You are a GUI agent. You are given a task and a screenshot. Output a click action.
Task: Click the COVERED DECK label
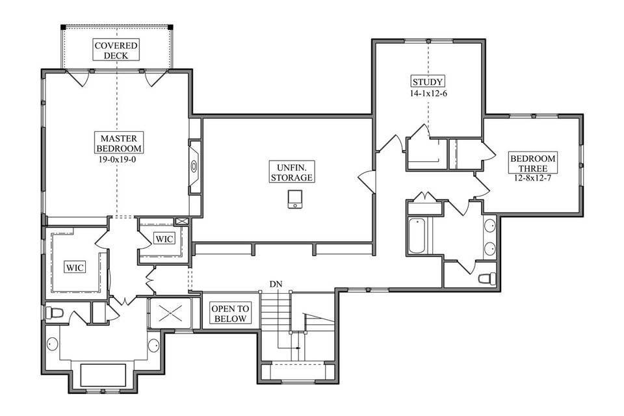pyautogui.click(x=116, y=50)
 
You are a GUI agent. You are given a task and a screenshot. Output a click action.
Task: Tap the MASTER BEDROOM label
pyautogui.click(x=118, y=143)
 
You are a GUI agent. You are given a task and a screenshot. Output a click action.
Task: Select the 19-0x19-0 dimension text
pyautogui.click(x=118, y=158)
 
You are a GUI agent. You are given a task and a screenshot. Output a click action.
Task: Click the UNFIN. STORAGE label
pyautogui.click(x=291, y=172)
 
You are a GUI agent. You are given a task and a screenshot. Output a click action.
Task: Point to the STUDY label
pyautogui.click(x=428, y=82)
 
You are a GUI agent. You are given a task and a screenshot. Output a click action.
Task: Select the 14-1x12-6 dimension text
pyautogui.click(x=428, y=94)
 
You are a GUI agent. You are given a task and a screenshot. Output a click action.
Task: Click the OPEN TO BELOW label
pyautogui.click(x=229, y=314)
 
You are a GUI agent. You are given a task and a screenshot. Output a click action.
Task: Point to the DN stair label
pyautogui.click(x=276, y=285)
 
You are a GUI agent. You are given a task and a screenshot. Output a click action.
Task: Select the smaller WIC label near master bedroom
pyautogui.click(x=164, y=239)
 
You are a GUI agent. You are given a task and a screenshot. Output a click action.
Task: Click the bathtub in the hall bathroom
pyautogui.click(x=416, y=236)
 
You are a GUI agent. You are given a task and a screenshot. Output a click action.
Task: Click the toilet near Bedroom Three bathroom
pyautogui.click(x=486, y=278)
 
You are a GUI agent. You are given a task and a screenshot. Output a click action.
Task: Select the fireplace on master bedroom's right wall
pyautogui.click(x=194, y=166)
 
